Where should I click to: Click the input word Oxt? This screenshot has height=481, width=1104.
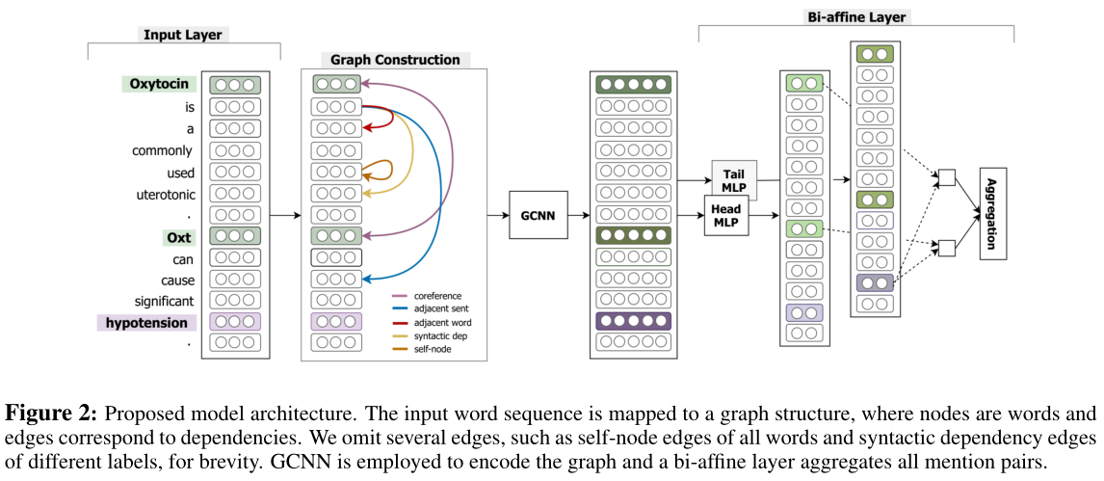178,236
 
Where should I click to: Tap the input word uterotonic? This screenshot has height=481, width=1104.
165,195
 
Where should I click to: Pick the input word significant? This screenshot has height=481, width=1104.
164,301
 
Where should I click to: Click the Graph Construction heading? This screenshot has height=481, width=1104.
396,59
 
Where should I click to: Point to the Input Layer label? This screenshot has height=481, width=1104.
183,35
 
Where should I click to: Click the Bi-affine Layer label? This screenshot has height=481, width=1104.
855,16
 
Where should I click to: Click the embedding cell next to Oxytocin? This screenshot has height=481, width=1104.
235,85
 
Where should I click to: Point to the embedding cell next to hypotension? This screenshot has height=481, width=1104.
235,322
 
